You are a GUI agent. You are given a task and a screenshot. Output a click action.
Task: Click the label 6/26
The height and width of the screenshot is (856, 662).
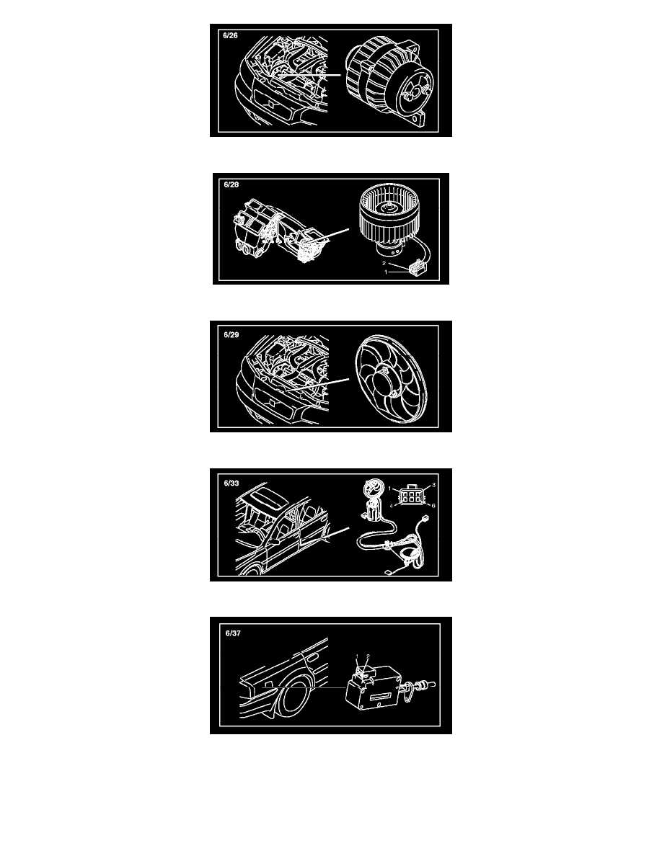[230, 35]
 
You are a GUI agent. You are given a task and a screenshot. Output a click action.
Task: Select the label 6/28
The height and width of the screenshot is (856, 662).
[231, 184]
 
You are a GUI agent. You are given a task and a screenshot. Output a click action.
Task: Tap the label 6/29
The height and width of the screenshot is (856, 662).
[231, 334]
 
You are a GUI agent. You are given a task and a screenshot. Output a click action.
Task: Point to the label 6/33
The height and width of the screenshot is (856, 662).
[231, 483]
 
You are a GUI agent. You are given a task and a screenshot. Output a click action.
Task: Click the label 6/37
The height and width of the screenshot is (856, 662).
[233, 633]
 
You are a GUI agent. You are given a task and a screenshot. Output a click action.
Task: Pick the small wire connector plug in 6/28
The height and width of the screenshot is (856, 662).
[417, 268]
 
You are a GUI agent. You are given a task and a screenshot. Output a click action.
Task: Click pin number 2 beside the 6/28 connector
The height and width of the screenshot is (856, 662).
[384, 264]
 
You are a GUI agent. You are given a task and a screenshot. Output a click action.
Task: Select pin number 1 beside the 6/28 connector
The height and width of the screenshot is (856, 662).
[387, 272]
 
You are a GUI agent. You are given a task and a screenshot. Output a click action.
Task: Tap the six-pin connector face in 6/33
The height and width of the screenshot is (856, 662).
[410, 496]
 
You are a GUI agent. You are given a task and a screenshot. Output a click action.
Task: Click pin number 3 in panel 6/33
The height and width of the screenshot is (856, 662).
[433, 485]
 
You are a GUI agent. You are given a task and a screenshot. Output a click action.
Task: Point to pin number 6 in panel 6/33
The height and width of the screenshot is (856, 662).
[433, 506]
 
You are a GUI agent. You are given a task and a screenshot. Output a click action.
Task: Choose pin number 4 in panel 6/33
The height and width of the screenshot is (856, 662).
[391, 506]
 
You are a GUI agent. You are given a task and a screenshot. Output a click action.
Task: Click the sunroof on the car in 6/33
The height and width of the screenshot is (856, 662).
[268, 494]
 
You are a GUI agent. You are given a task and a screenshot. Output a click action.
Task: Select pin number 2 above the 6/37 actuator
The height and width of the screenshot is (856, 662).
[368, 656]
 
